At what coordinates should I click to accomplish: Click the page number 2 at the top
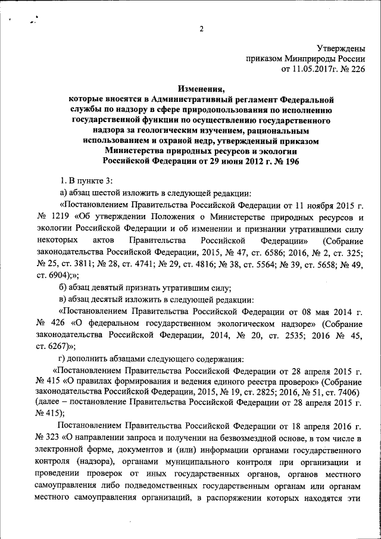pos(202,29)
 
